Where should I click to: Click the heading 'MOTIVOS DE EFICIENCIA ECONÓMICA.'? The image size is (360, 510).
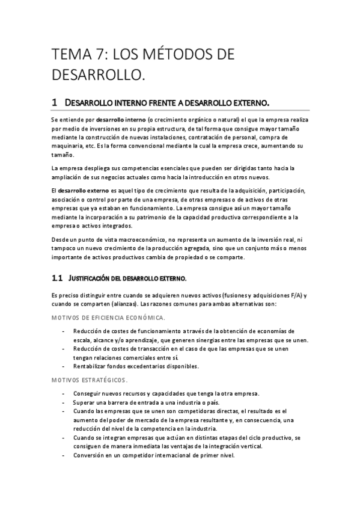108,317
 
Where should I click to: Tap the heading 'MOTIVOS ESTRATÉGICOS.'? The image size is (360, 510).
88,379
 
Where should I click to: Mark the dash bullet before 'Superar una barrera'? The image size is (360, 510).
64,402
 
